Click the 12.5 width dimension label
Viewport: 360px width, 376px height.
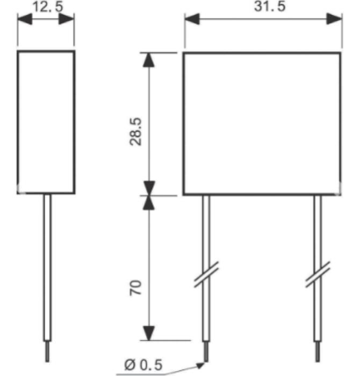coord(48,6)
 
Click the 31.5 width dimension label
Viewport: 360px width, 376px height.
coord(270,6)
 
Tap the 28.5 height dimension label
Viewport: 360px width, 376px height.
coord(136,131)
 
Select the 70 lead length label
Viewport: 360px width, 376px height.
coord(136,287)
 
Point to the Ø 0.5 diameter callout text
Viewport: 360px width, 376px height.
coord(143,364)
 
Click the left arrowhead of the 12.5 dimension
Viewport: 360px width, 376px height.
coord(24,19)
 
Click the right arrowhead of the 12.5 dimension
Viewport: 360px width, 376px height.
coord(67,19)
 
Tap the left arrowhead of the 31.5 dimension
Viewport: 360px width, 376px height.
coord(192,19)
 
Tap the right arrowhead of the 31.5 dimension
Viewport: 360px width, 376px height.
coord(334,19)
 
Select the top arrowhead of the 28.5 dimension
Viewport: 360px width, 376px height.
coord(149,59)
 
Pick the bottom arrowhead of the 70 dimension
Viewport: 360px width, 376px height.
coord(149,333)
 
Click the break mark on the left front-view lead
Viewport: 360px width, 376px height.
coord(206,274)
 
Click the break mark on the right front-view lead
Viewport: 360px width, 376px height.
coord(317,274)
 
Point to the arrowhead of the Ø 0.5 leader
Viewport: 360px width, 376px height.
coord(200,365)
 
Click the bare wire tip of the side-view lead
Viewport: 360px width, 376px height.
coord(48,352)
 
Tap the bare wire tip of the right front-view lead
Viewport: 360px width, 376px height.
coord(317,352)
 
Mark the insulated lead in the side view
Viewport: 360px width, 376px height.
coord(48,267)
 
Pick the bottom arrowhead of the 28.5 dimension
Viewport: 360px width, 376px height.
coord(149,188)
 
